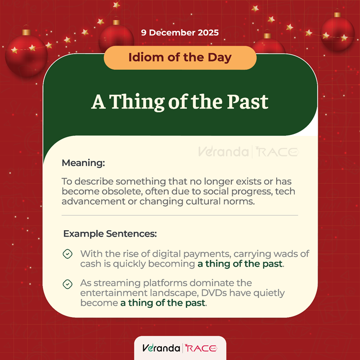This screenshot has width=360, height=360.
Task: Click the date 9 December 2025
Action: click(x=180, y=33)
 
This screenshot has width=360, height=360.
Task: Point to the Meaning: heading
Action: click(x=83, y=163)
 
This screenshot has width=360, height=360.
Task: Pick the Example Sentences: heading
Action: click(x=110, y=235)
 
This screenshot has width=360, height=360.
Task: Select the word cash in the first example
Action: click(x=90, y=264)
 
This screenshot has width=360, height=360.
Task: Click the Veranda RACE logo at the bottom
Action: click(x=180, y=348)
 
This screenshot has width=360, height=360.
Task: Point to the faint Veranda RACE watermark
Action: click(x=247, y=152)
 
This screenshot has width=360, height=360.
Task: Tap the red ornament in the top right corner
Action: click(x=337, y=34)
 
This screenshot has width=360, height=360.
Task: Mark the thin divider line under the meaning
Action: click(x=180, y=215)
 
